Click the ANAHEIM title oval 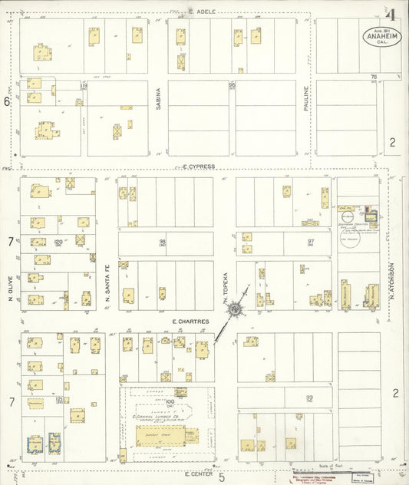(379, 36)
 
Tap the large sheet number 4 (391, 15)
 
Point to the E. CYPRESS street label (201, 165)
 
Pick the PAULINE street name (305, 101)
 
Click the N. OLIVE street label (11, 287)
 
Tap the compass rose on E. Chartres (236, 310)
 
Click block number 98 (162, 242)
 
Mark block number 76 (374, 77)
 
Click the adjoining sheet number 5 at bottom (222, 477)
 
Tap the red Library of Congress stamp (315, 477)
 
